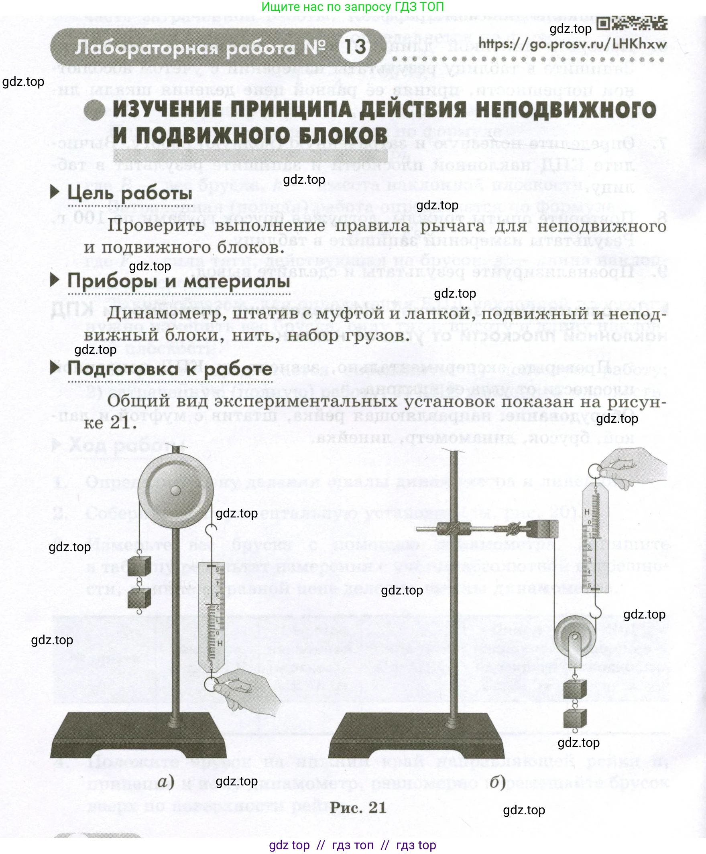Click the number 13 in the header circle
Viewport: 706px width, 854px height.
355,47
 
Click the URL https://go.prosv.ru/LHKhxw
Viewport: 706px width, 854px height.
572,43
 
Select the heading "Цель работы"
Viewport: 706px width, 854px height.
129,193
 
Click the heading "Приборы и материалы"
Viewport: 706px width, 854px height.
179,281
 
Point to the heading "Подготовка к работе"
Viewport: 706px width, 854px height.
170,369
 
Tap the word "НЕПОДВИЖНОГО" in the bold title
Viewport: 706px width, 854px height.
566,110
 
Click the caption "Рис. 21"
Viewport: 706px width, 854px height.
358,807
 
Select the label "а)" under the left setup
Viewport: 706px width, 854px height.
165,781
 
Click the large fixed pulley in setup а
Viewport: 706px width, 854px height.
175,490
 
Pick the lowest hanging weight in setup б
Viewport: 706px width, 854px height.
575,718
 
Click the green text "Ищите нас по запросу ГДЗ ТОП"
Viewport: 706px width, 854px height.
352,7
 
